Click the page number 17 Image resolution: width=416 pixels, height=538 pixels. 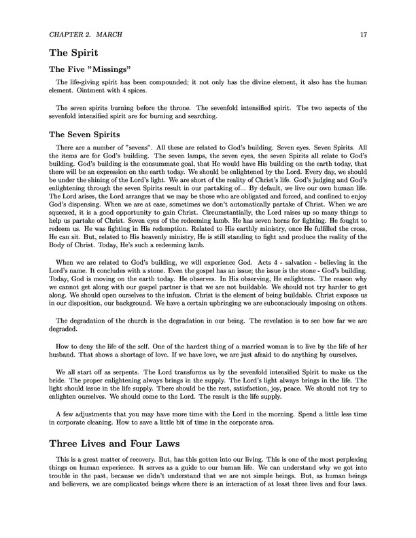click(363, 33)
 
